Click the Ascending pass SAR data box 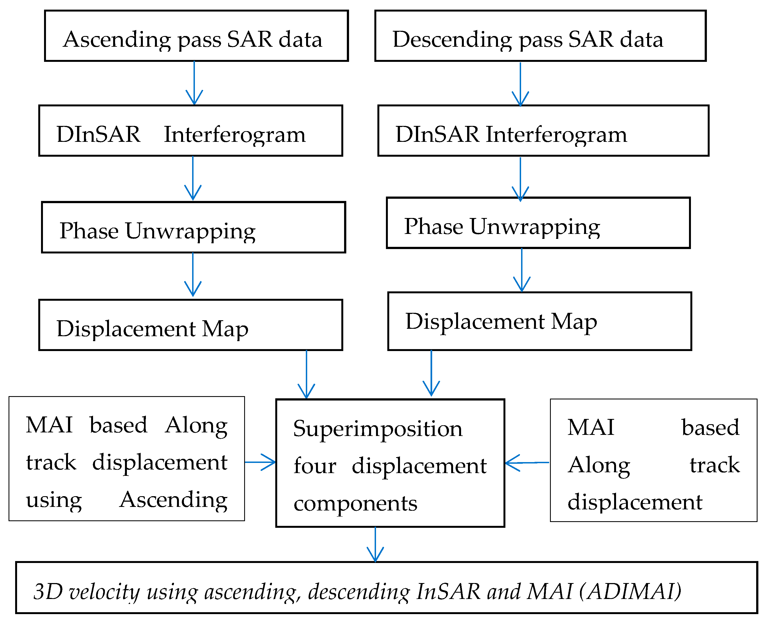pyautogui.click(x=196, y=36)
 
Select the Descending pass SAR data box pyautogui.click(x=540, y=36)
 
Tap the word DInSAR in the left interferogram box pyautogui.click(x=98, y=134)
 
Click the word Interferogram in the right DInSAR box pyautogui.click(x=556, y=134)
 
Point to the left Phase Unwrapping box pyautogui.click(x=193, y=227)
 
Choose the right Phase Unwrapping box pyautogui.click(x=538, y=223)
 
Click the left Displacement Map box pyautogui.click(x=190, y=325)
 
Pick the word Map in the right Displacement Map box pyautogui.click(x=574, y=321)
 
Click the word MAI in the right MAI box pyautogui.click(x=590, y=427)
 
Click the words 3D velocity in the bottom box pyautogui.click(x=86, y=591)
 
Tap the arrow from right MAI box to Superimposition pyautogui.click(x=527, y=463)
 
